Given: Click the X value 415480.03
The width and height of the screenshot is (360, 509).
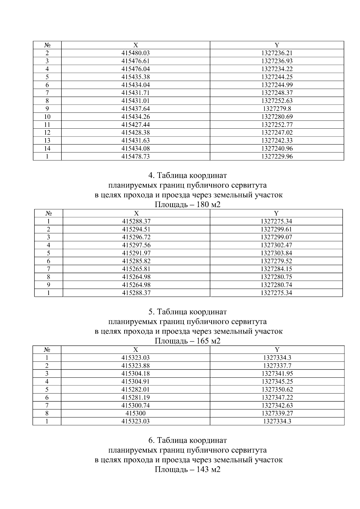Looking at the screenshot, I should tap(136, 53).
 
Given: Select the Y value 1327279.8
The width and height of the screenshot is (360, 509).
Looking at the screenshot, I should tap(277, 109).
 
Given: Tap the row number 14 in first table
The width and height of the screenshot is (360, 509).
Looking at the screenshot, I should tap(47, 148).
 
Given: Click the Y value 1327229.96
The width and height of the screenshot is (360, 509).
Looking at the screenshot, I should tap(277, 156).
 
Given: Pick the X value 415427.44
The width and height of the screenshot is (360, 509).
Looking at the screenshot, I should tap(136, 124).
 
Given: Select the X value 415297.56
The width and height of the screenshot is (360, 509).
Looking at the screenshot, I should tap(136, 245).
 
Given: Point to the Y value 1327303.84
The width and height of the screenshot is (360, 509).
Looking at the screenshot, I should tap(276, 253).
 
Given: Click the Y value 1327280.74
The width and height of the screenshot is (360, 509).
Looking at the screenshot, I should tap(276, 285).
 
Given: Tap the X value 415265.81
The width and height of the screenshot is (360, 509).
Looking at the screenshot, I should tap(136, 269).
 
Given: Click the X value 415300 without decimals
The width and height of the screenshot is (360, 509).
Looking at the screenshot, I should tap(136, 413).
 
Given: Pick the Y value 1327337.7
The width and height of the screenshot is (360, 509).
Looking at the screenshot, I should tap(277, 366).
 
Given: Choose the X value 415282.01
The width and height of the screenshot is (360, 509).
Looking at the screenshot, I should tap(136, 389).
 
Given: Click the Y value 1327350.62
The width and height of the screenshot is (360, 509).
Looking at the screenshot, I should tap(277, 389).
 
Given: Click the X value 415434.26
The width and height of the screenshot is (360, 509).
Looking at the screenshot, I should tap(136, 117).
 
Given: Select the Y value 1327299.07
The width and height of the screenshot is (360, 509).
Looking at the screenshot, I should tap(276, 237).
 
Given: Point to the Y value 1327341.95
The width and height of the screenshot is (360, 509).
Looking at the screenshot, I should tap(277, 373).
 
